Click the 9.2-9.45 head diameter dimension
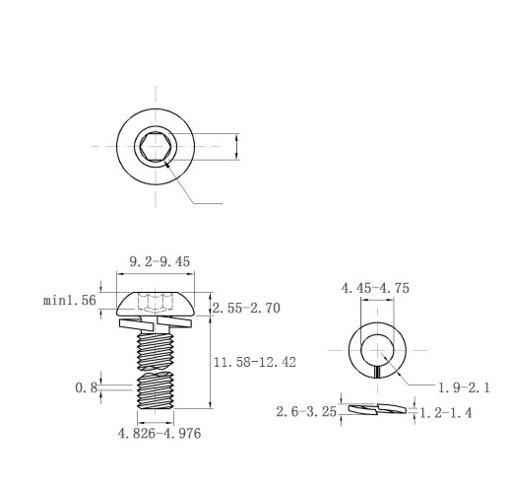click(x=159, y=261)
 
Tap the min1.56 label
click(x=70, y=300)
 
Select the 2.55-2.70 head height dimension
click(x=246, y=308)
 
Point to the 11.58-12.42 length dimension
click(x=255, y=362)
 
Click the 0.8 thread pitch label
click(x=87, y=387)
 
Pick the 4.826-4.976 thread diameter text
click(x=159, y=434)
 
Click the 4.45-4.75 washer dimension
click(x=375, y=288)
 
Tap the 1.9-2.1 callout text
click(x=464, y=387)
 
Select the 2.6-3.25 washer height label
click(x=306, y=412)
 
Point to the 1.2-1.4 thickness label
click(x=446, y=413)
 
